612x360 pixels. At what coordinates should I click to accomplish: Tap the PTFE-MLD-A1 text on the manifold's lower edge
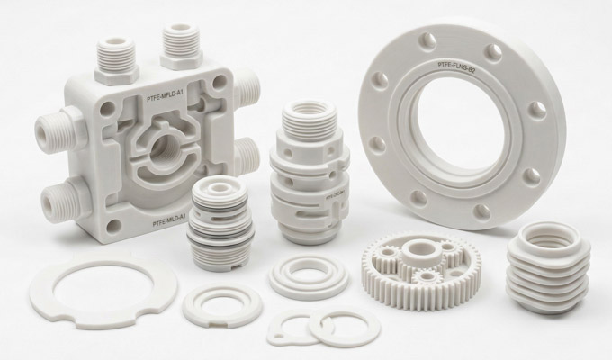158,219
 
